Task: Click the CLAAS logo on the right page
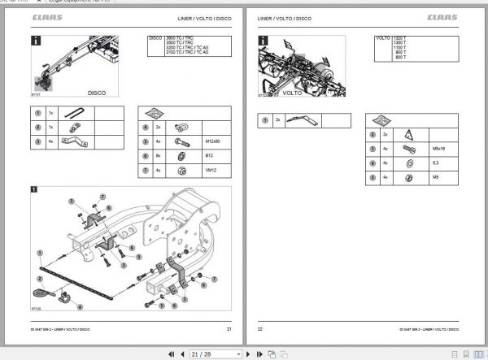[x=455, y=18]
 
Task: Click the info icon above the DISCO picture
[x=36, y=41]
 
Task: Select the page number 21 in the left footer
[x=229, y=328]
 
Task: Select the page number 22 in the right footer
[x=260, y=328]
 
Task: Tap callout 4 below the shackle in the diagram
[x=79, y=306]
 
